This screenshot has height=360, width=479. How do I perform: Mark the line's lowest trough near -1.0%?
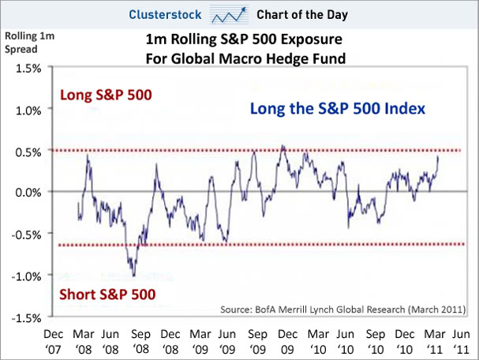click(x=134, y=275)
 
